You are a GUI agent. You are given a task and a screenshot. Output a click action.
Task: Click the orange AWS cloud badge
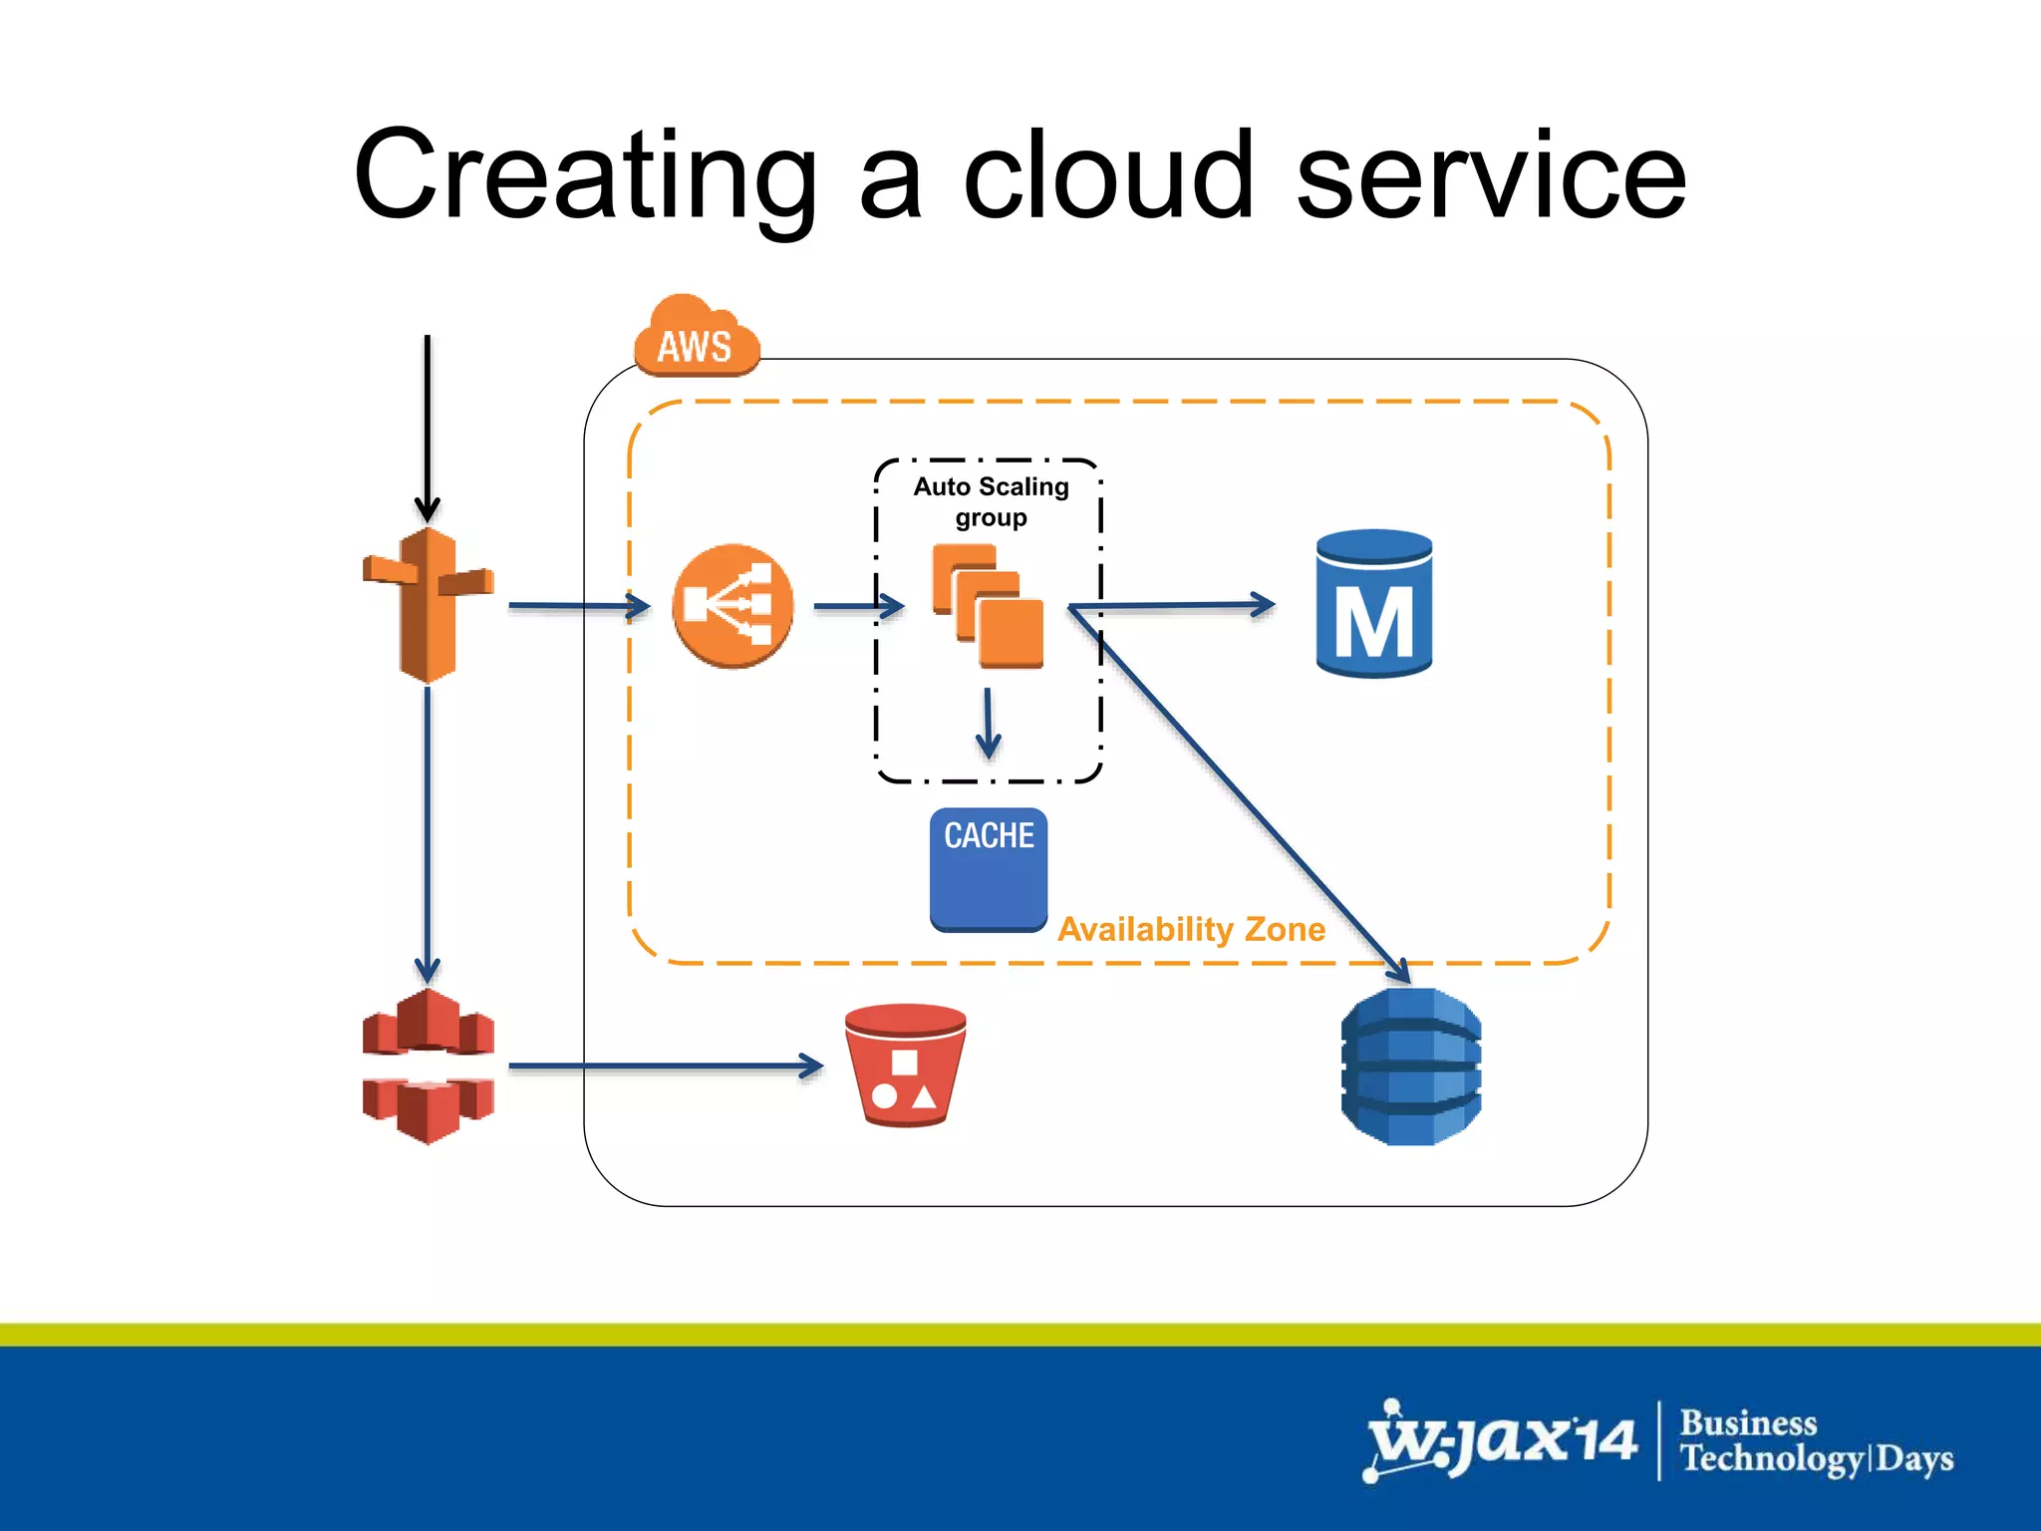[697, 339]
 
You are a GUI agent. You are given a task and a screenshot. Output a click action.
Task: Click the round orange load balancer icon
[732, 605]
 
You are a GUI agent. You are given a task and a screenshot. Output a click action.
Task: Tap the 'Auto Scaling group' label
[991, 501]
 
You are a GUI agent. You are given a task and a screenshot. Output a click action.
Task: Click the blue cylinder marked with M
[1374, 604]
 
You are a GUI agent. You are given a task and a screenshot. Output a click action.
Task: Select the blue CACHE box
[989, 868]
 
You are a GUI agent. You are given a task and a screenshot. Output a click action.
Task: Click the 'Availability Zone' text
[1191, 929]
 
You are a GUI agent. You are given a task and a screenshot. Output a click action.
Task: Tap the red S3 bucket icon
[905, 1065]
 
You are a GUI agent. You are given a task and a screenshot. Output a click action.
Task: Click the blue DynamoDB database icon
[1411, 1066]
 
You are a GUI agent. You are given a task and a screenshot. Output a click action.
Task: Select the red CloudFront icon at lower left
[429, 1066]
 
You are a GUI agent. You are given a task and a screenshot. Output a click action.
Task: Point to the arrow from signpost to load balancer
[578, 605]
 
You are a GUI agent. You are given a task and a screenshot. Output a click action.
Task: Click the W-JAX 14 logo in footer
[1501, 1440]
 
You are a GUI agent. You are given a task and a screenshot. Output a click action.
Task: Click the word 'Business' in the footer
[1748, 1422]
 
